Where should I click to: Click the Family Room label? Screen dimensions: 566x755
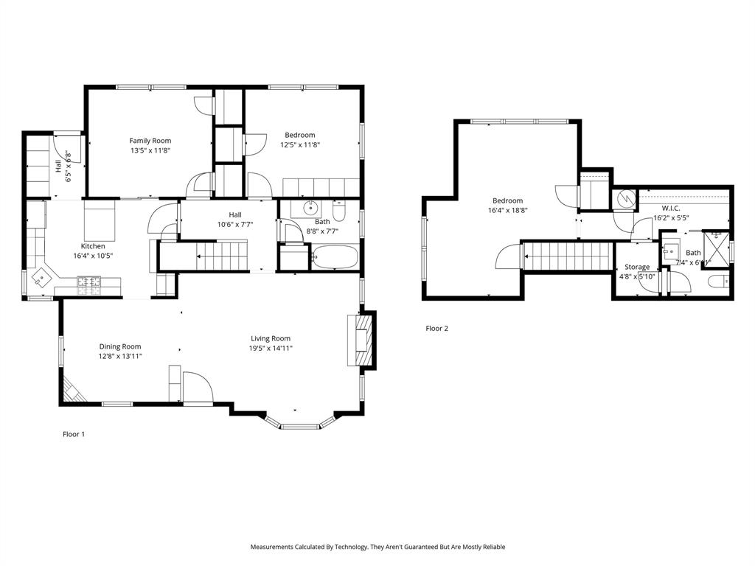click(150, 141)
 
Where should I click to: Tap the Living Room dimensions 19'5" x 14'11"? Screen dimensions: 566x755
click(271, 349)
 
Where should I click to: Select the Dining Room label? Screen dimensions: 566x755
click(120, 346)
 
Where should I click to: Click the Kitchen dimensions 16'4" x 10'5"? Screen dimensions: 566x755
click(93, 256)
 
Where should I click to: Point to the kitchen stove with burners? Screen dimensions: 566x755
click(89, 281)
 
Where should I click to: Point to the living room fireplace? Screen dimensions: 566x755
click(363, 339)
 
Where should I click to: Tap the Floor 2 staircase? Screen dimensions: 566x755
click(568, 256)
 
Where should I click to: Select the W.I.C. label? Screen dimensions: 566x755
click(670, 209)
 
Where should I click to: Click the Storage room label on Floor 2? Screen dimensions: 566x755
click(637, 267)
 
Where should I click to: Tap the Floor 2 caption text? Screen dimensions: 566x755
click(436, 329)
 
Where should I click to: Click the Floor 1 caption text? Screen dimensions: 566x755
click(73, 434)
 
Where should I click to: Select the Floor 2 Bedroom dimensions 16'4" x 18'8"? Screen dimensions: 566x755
click(507, 210)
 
